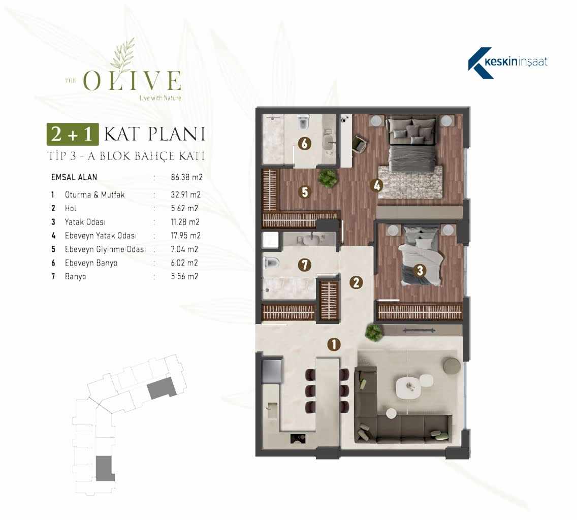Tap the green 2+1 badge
coord(73,134)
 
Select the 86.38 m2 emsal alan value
coord(186,177)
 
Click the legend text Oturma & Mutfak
coord(95,194)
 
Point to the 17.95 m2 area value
coord(185,236)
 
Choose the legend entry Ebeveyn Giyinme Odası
coord(105,249)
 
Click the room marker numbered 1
coord(334,344)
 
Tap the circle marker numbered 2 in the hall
coord(356,282)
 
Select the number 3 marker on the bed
coord(420,271)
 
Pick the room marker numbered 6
coord(304,144)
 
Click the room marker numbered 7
coord(304,265)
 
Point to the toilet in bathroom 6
coord(303,122)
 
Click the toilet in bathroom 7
coord(271,263)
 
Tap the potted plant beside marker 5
coord(328,178)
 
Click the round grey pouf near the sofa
coord(452,366)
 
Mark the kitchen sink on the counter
coord(273,410)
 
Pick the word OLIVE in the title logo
coord(132,81)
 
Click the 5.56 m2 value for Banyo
coord(184,276)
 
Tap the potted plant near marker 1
coord(373,332)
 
